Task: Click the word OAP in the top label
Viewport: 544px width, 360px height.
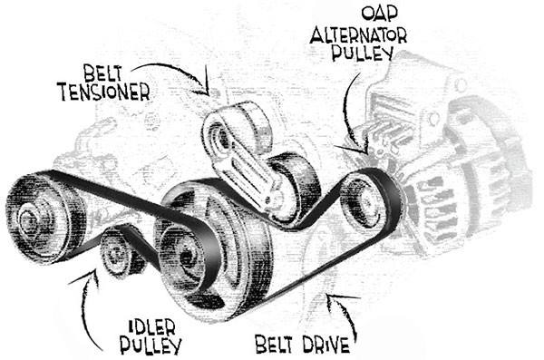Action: (x=380, y=13)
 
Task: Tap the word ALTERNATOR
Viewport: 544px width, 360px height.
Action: (x=358, y=34)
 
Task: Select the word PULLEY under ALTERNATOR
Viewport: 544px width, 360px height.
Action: (x=363, y=53)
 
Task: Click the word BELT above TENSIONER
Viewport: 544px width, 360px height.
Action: (x=102, y=73)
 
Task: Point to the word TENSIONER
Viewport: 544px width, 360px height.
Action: (x=105, y=92)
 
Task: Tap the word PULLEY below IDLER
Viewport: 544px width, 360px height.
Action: (x=151, y=345)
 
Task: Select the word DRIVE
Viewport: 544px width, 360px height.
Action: (x=325, y=345)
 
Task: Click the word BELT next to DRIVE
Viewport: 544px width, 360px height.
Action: (x=275, y=344)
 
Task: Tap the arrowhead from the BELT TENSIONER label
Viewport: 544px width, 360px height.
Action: (x=205, y=89)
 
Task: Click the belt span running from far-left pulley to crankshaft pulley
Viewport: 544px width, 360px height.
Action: (x=118, y=193)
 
